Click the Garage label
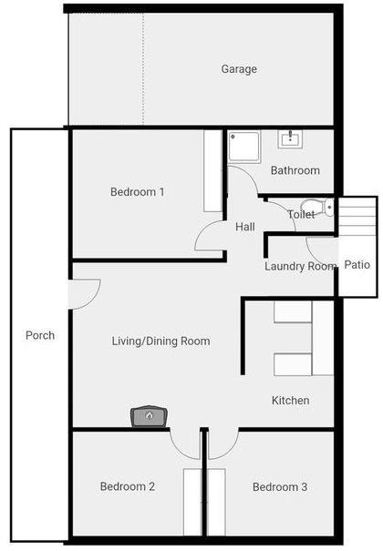point(239,69)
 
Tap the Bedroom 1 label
point(137,192)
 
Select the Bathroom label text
point(295,170)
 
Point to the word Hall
point(245,227)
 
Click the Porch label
point(40,335)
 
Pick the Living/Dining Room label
point(161,341)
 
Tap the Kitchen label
point(291,400)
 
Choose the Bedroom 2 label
point(128,486)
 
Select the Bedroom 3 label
point(280,487)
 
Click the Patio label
point(357,265)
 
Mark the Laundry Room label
point(300,266)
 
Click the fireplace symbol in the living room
point(150,417)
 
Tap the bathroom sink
point(290,138)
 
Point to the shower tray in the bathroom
point(244,147)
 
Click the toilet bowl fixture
point(318,208)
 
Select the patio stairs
point(357,216)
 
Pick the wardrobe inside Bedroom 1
point(212,171)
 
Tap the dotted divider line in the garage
point(143,69)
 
